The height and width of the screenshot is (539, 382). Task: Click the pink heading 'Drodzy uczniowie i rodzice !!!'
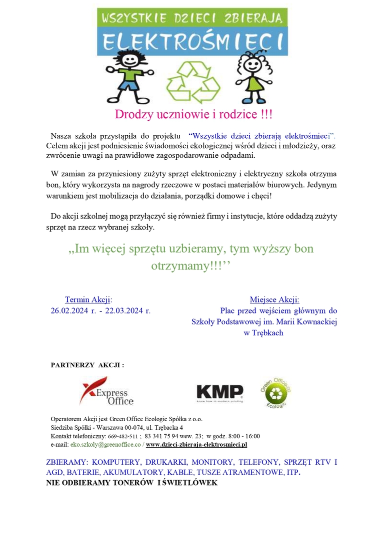[x=194, y=114]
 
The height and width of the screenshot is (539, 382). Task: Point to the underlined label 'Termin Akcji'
[x=88, y=299]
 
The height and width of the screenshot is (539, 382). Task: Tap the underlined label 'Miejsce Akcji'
[x=274, y=299]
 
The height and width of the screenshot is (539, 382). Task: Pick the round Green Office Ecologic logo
[x=275, y=392]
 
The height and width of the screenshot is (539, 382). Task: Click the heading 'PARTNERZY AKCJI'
[x=87, y=365]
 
